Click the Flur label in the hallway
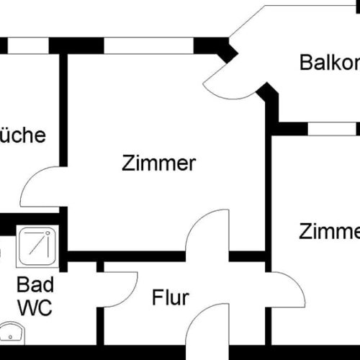pyautogui.click(x=170, y=297)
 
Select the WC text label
pyautogui.click(x=35, y=308)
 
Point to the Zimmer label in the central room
pyautogui.click(x=158, y=163)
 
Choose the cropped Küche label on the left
pyautogui.click(x=22, y=135)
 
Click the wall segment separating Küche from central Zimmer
pyautogui.click(x=63, y=108)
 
